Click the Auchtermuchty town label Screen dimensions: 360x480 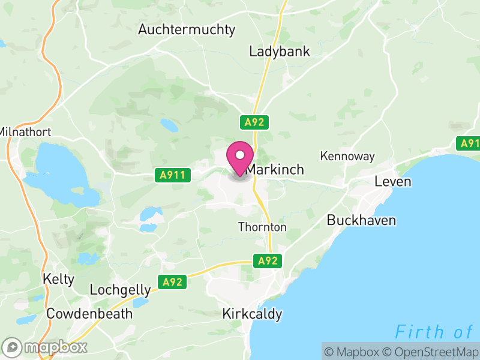click(187, 29)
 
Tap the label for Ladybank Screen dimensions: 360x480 click(280, 52)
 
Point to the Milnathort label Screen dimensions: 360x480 click(25, 131)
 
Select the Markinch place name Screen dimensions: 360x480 click(275, 170)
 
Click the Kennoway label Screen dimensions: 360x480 click(347, 156)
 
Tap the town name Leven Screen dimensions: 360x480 click(393, 181)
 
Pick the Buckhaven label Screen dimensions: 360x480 click(361, 220)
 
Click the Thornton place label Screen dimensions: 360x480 click(262, 227)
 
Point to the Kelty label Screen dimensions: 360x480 click(59, 279)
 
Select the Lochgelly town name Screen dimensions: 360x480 click(120, 290)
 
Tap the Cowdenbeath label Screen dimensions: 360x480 click(89, 313)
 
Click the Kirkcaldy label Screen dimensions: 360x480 click(252, 314)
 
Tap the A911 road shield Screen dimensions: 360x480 click(172, 175)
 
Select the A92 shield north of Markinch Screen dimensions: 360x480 click(254, 122)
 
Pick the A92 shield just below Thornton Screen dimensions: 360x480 click(268, 261)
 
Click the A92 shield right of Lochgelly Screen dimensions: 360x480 click(172, 281)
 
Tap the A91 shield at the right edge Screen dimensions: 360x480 click(469, 143)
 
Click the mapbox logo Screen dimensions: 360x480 click(46, 347)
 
